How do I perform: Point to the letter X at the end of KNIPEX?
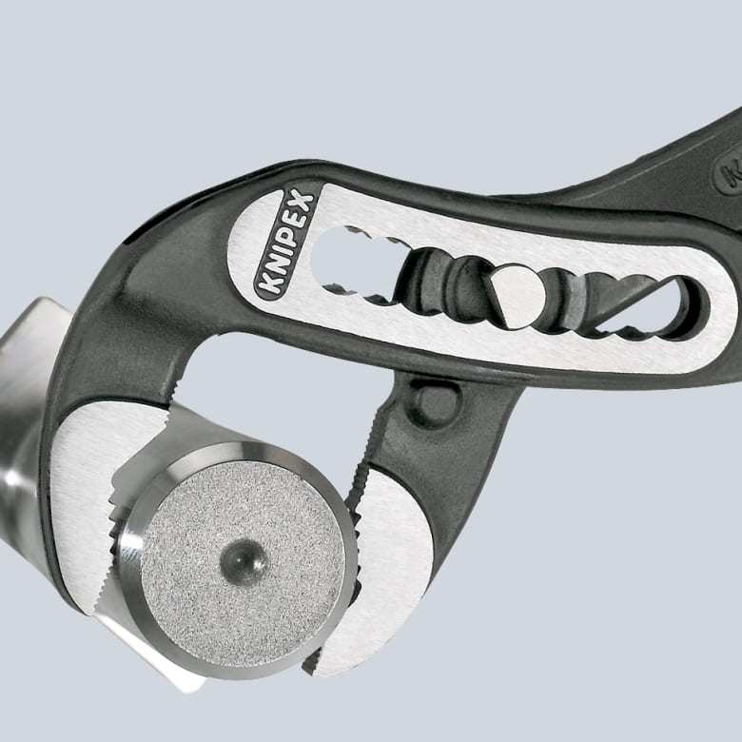click(x=304, y=197)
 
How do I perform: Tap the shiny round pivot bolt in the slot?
click(x=514, y=295)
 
